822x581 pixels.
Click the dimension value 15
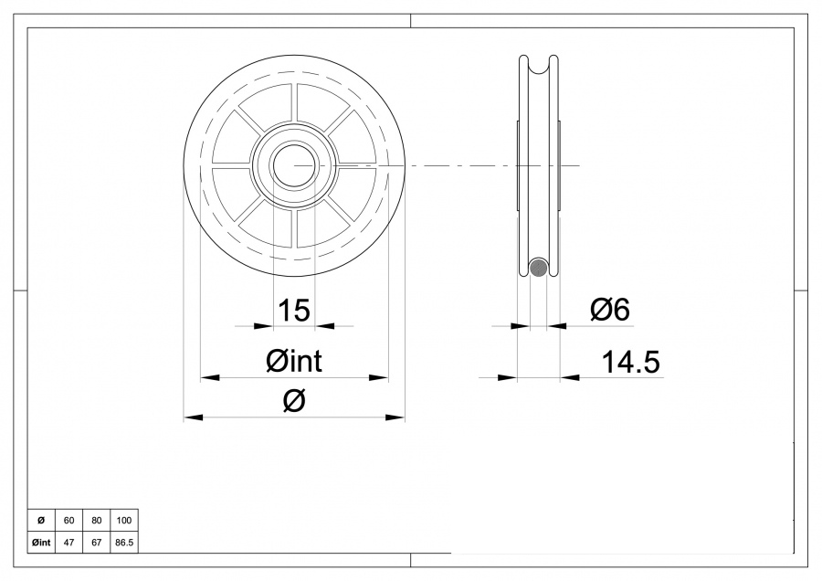coord(294,311)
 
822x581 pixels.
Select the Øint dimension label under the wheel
coord(294,362)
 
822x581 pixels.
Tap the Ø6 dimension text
coord(610,311)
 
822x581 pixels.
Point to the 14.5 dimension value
coord(630,363)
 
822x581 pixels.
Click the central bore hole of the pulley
coord(294,165)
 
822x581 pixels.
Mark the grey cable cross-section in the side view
coord(539,268)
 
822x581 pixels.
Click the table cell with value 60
coord(68,521)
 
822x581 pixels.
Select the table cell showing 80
coord(96,521)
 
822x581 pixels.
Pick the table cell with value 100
coord(124,521)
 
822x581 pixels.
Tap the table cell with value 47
coord(68,542)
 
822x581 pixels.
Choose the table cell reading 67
coord(96,542)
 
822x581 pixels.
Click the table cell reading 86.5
coord(124,542)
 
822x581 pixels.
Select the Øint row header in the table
coord(41,542)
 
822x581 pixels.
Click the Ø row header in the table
coord(41,521)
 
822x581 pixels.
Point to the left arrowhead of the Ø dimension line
coord(193,417)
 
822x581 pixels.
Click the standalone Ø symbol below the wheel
coord(294,401)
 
